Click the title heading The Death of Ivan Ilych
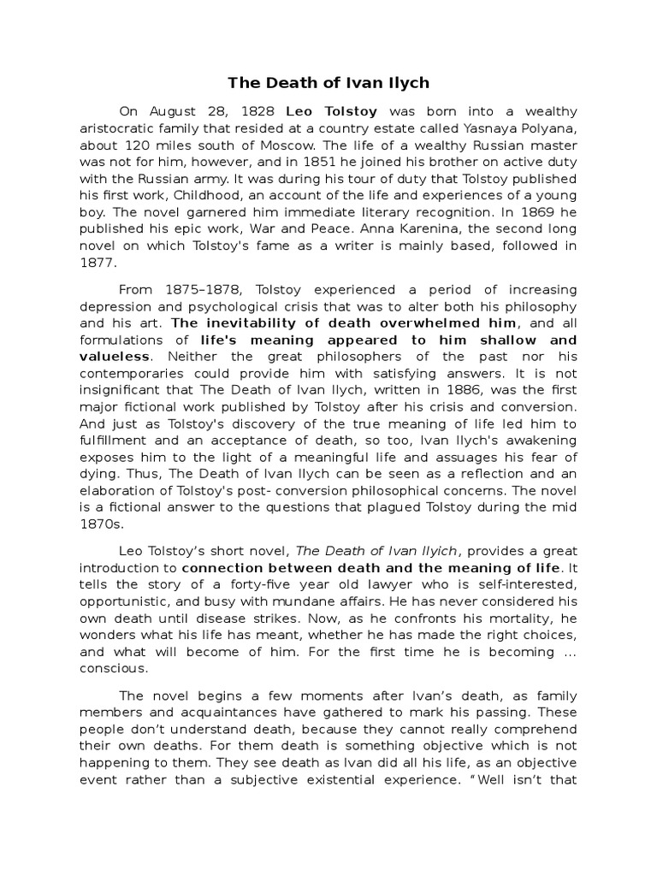pos(328,83)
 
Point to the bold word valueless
pos(115,355)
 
